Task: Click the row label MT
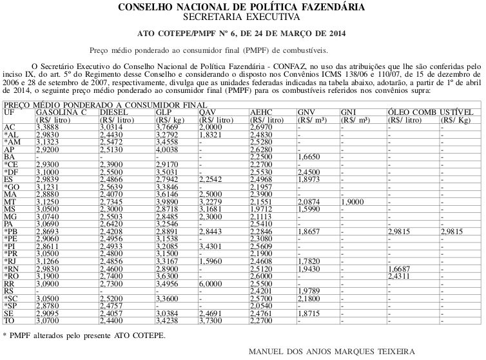click(x=10, y=202)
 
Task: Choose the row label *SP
click(x=12, y=304)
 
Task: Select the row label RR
click(x=10, y=283)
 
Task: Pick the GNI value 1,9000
click(x=354, y=202)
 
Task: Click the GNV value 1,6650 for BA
click(x=310, y=157)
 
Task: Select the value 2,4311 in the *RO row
click(x=400, y=276)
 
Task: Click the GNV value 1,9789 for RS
click(x=310, y=290)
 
